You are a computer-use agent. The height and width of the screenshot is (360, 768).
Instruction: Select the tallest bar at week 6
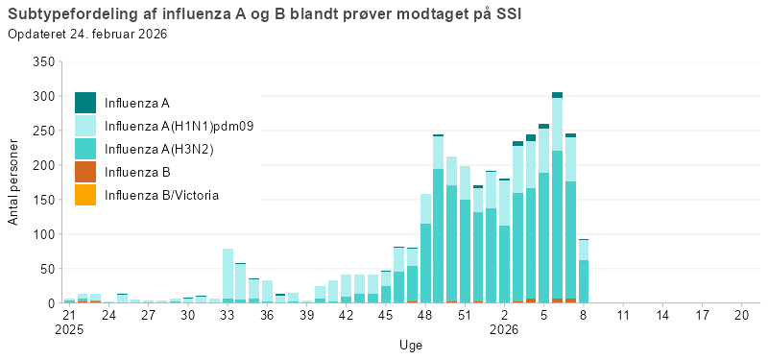[x=557, y=202]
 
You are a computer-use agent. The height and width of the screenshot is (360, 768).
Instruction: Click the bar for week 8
[x=584, y=274]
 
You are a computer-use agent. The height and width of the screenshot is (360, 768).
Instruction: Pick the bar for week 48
[x=425, y=250]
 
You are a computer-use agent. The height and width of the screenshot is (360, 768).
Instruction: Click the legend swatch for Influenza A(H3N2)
[x=85, y=149]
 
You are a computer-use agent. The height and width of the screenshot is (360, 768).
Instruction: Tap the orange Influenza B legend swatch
[x=85, y=172]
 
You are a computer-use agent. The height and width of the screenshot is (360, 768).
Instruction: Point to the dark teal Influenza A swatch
[x=85, y=102]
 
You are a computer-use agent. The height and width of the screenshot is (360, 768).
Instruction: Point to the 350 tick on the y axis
[x=42, y=61]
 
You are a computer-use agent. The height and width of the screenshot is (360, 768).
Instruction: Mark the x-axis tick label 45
[x=385, y=315]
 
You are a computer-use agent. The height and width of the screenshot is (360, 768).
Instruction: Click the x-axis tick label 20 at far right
[x=741, y=315]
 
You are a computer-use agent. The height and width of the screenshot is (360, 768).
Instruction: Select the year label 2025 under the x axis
[x=69, y=328]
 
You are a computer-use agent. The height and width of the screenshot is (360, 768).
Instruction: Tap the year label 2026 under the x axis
[x=504, y=328]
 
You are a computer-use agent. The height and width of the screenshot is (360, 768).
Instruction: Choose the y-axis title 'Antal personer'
[x=13, y=182]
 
